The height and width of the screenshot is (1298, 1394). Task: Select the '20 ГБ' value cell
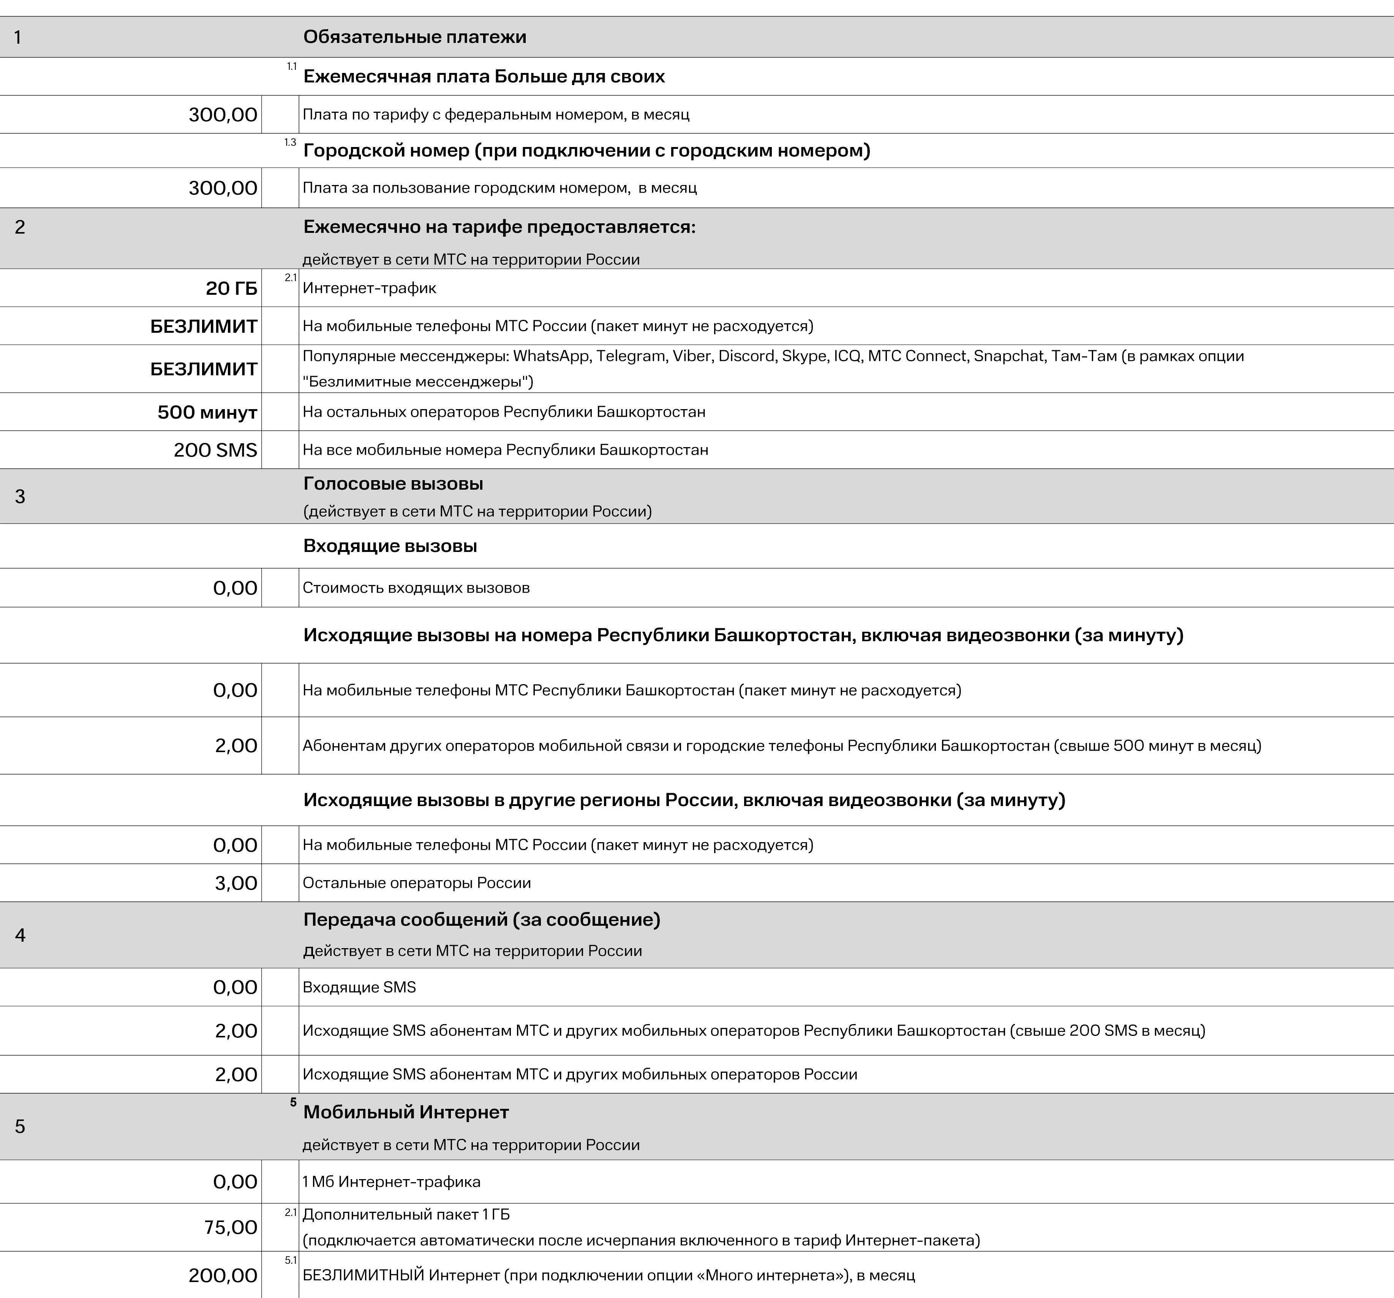point(231,288)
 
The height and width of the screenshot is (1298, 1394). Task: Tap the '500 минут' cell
point(207,412)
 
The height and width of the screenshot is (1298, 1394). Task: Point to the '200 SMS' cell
point(215,450)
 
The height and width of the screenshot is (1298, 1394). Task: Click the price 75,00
point(231,1227)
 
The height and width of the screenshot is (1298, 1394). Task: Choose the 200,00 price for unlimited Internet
point(223,1276)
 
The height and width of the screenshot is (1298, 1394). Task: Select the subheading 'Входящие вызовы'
point(390,546)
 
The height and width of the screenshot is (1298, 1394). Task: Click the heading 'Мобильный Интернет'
point(406,1112)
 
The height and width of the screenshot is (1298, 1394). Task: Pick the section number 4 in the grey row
point(21,936)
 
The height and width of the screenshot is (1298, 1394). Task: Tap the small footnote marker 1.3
point(290,143)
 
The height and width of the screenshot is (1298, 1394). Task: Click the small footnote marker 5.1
point(290,1260)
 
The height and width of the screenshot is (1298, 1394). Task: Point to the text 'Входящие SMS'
point(359,987)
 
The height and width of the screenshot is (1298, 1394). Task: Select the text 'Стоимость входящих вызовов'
point(416,588)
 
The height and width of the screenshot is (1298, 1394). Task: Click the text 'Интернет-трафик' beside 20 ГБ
point(370,288)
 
